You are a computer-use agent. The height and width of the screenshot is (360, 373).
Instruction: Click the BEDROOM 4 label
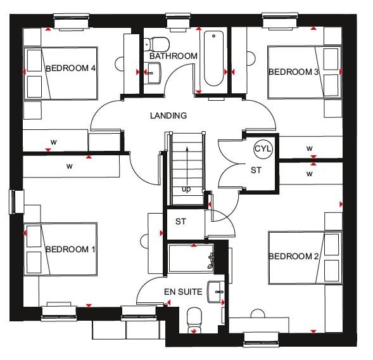[x=70, y=68]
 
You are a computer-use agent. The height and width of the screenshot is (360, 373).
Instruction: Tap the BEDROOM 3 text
[x=293, y=72]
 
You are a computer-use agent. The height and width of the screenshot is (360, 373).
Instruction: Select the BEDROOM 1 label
[x=70, y=249]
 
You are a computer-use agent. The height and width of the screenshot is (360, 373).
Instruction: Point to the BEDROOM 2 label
[x=293, y=256]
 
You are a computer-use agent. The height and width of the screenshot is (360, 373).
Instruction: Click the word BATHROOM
[x=174, y=56]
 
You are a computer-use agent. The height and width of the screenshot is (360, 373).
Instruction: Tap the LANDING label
[x=168, y=115]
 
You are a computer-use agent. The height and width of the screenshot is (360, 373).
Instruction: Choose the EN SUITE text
[x=183, y=292]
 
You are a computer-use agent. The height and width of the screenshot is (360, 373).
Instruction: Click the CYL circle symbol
[x=263, y=149]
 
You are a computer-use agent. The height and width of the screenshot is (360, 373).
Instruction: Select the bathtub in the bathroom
[x=213, y=58]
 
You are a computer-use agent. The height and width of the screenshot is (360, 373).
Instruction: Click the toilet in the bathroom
[x=156, y=44]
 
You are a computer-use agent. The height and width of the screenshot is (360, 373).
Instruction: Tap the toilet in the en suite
[x=194, y=321]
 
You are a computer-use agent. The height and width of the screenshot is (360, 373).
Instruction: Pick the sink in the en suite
[x=215, y=292]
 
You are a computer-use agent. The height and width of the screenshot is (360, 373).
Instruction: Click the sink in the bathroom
[x=153, y=73]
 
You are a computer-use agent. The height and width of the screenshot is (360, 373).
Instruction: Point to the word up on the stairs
[x=186, y=190]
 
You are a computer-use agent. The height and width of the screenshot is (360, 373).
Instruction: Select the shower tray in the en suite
[x=191, y=259]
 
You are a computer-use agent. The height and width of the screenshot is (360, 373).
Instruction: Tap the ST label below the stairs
[x=180, y=222]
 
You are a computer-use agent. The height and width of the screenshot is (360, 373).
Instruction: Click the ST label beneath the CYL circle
[x=256, y=170]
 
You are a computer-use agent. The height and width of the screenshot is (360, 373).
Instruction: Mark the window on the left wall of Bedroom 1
[x=16, y=202]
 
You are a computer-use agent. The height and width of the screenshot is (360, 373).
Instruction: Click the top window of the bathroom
[x=179, y=22]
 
